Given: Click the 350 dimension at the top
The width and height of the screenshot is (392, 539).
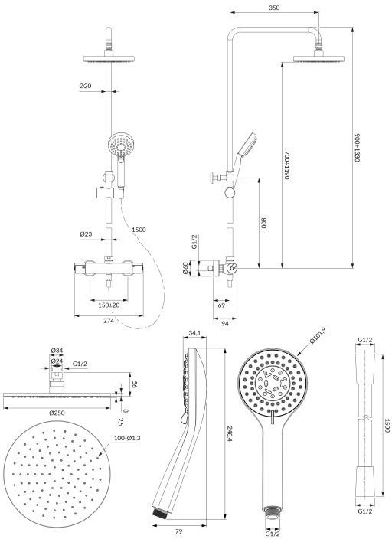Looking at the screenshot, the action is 274,8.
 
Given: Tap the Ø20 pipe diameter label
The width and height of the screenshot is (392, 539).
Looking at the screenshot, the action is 85,86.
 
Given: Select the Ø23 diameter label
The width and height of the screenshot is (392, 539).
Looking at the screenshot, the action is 86,234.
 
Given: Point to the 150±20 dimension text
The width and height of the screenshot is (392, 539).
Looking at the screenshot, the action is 108,305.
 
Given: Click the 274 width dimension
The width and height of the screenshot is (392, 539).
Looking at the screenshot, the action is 109,321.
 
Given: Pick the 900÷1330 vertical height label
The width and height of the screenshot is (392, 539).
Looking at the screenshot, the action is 358,148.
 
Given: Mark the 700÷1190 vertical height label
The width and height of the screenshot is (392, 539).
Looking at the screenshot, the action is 286,165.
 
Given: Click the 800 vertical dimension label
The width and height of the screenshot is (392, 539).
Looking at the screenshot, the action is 263,224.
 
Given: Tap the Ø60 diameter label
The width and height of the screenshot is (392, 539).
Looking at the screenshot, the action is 186,268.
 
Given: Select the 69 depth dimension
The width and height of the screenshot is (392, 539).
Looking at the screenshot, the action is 222,305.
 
